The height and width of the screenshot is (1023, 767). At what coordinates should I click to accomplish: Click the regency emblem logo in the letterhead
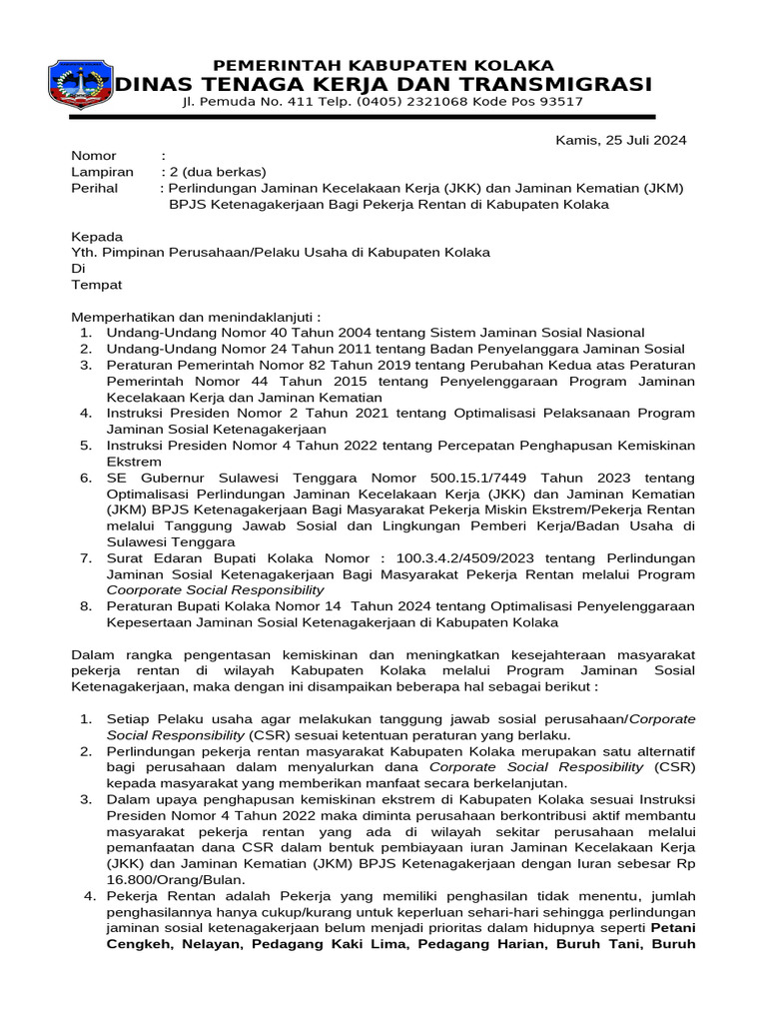click(x=81, y=85)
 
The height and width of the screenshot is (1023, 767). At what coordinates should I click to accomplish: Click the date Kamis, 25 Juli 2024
click(x=620, y=140)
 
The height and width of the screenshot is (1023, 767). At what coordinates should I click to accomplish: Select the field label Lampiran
click(x=102, y=172)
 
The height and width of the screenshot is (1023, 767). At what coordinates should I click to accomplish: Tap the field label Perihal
click(x=95, y=188)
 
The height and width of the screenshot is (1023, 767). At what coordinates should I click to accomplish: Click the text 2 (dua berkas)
click(x=217, y=172)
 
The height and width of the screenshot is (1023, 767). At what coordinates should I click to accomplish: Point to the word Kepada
click(x=97, y=237)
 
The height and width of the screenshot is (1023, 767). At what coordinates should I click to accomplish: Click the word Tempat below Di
click(x=96, y=285)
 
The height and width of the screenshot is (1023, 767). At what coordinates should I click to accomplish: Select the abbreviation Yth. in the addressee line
click(x=84, y=253)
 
